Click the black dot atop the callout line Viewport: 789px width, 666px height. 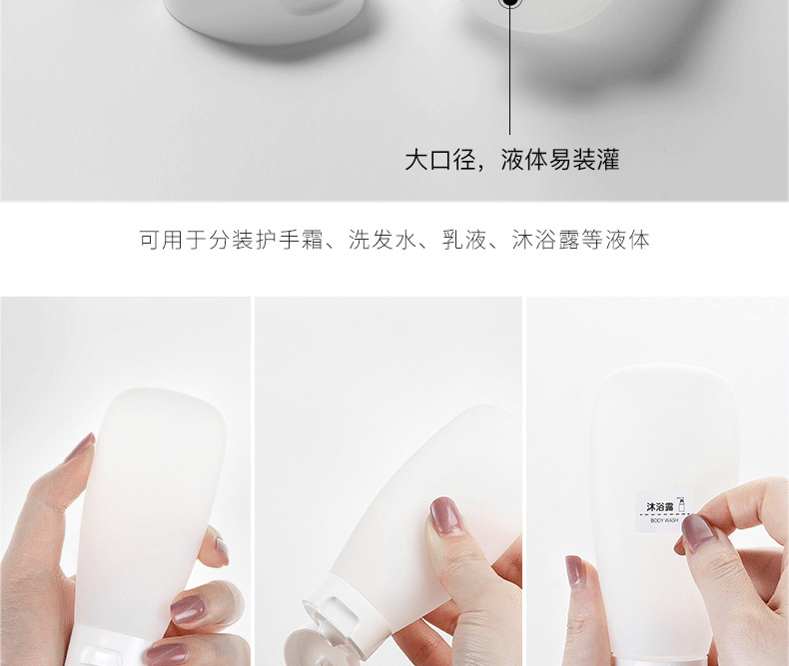pyautogui.click(x=509, y=3)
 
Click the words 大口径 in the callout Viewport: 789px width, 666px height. pyautogui.click(x=440, y=160)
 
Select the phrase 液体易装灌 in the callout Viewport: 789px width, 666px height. pyautogui.click(x=560, y=160)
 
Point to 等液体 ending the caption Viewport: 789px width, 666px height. pyautogui.click(x=616, y=240)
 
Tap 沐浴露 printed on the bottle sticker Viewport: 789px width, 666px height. pyautogui.click(x=660, y=506)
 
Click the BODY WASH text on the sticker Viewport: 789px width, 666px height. pyautogui.click(x=664, y=520)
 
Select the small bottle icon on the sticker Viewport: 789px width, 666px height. pyautogui.click(x=682, y=504)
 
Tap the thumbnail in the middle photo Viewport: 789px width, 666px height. pyautogui.click(x=445, y=515)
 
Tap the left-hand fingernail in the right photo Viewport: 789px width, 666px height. pyautogui.click(x=574, y=572)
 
